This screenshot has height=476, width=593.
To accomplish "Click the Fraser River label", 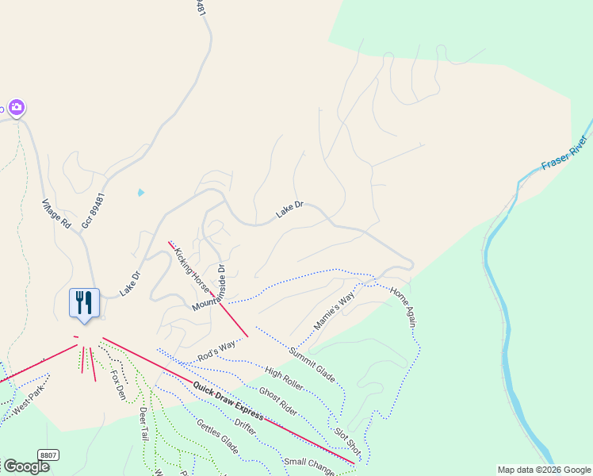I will (x=564, y=154).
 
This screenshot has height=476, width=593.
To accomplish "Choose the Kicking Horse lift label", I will (x=190, y=269).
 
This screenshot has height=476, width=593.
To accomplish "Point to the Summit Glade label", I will (x=312, y=363).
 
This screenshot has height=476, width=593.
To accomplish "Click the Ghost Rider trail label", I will (x=277, y=401).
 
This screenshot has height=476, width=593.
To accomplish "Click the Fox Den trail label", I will (x=118, y=384).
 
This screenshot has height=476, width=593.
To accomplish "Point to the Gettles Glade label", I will (x=217, y=436).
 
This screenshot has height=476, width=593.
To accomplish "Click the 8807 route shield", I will (x=48, y=455).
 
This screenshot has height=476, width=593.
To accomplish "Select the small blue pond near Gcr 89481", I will (x=141, y=192).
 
